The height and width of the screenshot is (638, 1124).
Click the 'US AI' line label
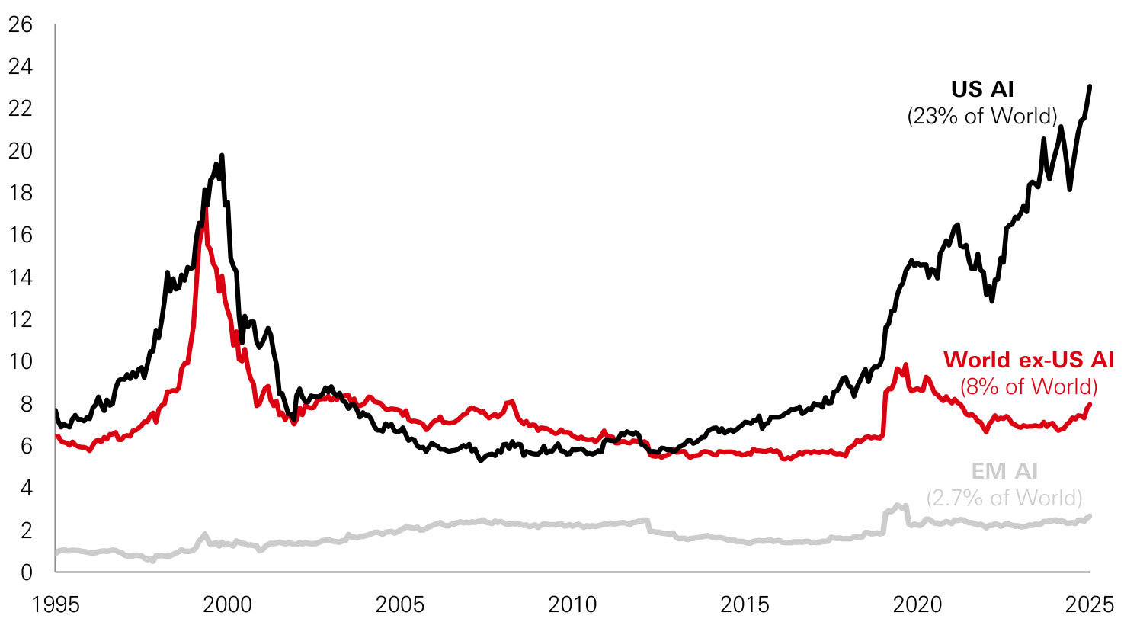coord(982,89)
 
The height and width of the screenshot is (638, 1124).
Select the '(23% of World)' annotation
coord(982,116)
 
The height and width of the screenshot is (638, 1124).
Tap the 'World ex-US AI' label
coord(1028,360)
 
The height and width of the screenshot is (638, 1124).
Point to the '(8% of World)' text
coord(1028,386)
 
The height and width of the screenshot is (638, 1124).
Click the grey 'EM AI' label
coord(1004,471)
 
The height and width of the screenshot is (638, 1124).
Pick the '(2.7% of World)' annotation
coord(1004,498)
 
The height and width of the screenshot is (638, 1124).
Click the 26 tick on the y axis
coord(21,25)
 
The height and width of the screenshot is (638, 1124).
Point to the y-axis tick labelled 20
coord(21,151)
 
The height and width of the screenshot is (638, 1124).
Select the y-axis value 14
coord(21,277)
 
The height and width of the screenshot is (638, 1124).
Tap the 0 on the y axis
coord(27,572)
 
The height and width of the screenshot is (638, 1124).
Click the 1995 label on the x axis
coord(56,605)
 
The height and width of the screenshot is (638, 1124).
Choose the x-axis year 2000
coord(228,605)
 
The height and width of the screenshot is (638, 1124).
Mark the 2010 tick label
coord(572,605)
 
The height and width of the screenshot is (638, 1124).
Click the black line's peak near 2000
coord(222,155)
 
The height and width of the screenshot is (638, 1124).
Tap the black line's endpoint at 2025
coord(1090,86)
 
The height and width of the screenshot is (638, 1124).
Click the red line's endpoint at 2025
coord(1090,404)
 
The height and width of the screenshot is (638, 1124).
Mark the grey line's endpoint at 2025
coord(1090,516)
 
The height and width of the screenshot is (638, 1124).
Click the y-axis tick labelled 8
coord(27,404)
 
